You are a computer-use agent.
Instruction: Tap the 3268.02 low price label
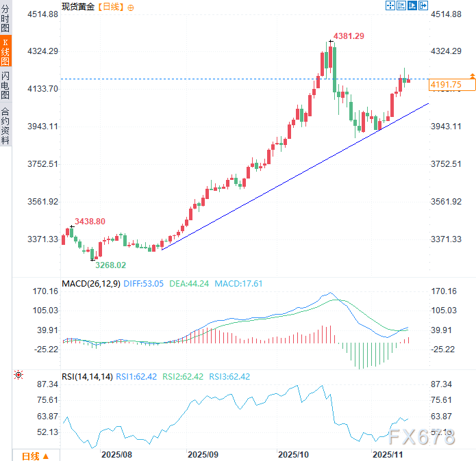(x=110, y=265)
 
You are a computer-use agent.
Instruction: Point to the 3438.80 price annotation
(x=90, y=222)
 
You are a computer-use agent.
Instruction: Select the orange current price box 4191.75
(x=446, y=85)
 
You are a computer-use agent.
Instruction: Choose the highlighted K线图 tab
(x=5, y=52)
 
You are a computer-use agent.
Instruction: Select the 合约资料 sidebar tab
(x=5, y=126)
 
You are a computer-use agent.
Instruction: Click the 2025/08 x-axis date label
(x=116, y=454)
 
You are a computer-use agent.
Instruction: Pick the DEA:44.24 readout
(x=190, y=283)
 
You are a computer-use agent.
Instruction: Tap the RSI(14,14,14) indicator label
(x=86, y=376)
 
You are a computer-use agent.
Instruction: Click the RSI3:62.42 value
(x=229, y=376)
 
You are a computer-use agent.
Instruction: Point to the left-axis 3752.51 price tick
(x=43, y=164)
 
